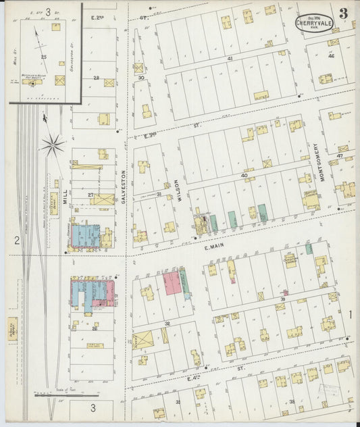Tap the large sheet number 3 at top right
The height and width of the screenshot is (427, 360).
point(344,14)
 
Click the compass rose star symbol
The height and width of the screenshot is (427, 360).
point(53,143)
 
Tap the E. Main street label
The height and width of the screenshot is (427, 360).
point(213,247)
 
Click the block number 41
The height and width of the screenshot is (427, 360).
point(230,59)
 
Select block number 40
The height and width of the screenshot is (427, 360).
point(244,175)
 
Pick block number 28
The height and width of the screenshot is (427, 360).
point(96,78)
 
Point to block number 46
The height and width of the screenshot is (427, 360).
point(331,55)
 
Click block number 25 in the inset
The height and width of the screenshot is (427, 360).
point(43,57)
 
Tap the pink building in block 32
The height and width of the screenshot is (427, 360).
point(172,283)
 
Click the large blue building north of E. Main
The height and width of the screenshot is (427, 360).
point(86,236)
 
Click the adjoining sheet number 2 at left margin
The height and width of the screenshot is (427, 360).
point(15,240)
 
